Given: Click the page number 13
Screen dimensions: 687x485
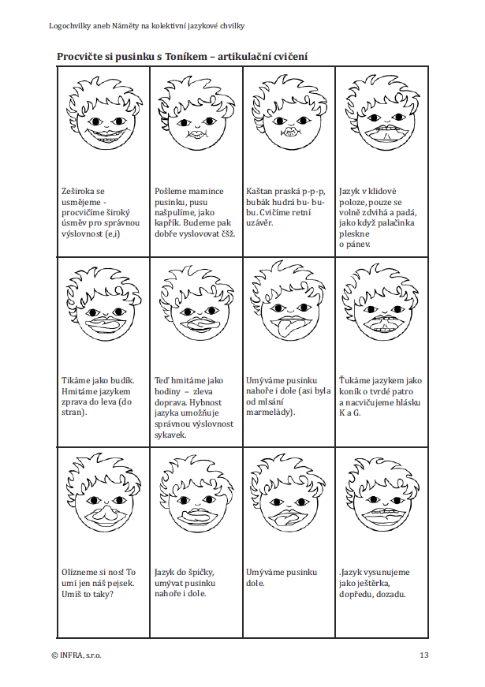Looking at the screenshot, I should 423,655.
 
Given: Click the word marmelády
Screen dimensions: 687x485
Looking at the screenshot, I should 270,413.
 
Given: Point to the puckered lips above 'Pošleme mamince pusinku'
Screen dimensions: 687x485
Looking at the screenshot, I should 196,135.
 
